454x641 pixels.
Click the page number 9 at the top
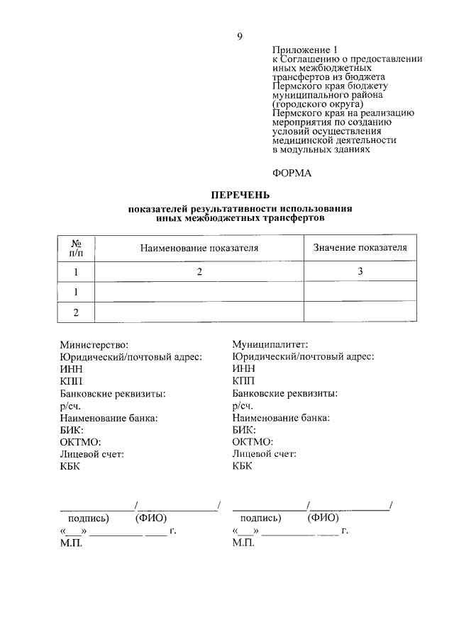[240, 37]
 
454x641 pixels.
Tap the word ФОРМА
[292, 172]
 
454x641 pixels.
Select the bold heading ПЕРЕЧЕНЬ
[240, 195]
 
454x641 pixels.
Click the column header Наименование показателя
[199, 248]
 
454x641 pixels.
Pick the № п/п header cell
[76, 248]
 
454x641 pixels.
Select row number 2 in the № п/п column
[76, 312]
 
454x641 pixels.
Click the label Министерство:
[94, 345]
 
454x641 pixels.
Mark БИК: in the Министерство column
[72, 429]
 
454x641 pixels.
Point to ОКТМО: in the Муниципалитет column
[253, 442]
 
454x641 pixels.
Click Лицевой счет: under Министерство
[92, 454]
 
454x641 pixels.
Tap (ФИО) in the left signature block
[150, 518]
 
